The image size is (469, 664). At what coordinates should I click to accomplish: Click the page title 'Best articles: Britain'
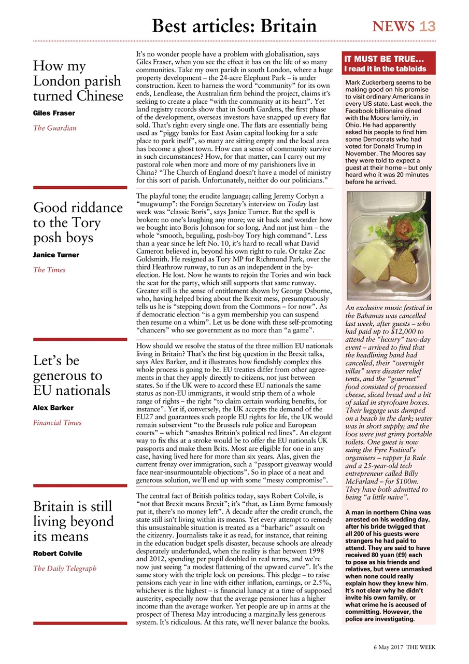tap(234, 26)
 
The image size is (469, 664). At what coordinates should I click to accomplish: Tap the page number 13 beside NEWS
tap(428, 26)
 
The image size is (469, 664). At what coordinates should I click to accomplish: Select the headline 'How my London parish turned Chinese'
tap(78, 81)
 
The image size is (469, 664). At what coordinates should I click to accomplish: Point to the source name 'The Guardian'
tap(54, 128)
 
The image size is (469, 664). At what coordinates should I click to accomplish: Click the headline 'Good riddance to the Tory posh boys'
tap(78, 223)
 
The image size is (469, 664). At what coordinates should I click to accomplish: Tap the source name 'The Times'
tap(49, 270)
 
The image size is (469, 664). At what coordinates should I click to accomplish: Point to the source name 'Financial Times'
tap(57, 423)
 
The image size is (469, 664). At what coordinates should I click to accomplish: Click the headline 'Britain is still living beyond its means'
tap(73, 521)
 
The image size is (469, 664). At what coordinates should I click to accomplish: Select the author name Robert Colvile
tap(57, 554)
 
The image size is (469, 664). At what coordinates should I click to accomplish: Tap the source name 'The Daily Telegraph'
tap(64, 569)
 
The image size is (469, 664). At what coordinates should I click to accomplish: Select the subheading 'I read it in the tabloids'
tap(386, 69)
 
